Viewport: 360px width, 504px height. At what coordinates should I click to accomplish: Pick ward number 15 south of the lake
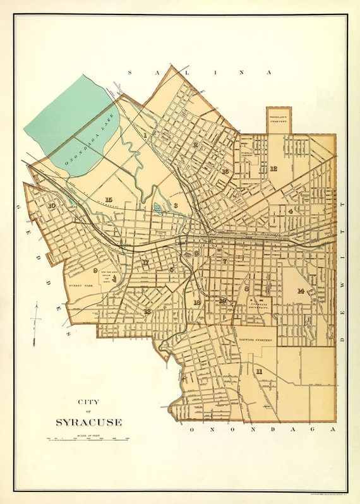point(109,199)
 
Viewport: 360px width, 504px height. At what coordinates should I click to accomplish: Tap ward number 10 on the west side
point(51,206)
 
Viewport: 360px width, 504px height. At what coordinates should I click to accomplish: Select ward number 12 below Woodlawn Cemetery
point(273,169)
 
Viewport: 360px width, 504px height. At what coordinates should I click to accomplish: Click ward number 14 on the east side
point(301,291)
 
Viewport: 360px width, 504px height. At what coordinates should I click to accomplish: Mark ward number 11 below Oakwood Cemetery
point(259,371)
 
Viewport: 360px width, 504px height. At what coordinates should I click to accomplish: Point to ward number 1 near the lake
point(145,135)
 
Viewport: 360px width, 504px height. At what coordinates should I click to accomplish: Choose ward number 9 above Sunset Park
point(96,270)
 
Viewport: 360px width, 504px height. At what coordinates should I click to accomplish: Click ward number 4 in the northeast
point(290,211)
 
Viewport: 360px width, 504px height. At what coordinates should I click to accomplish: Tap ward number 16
point(224,171)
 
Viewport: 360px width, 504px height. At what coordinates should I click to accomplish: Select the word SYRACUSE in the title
point(88,421)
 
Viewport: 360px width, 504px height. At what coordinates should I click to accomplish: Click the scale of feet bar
point(88,438)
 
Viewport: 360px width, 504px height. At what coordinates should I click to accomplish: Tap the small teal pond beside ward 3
point(157,208)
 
